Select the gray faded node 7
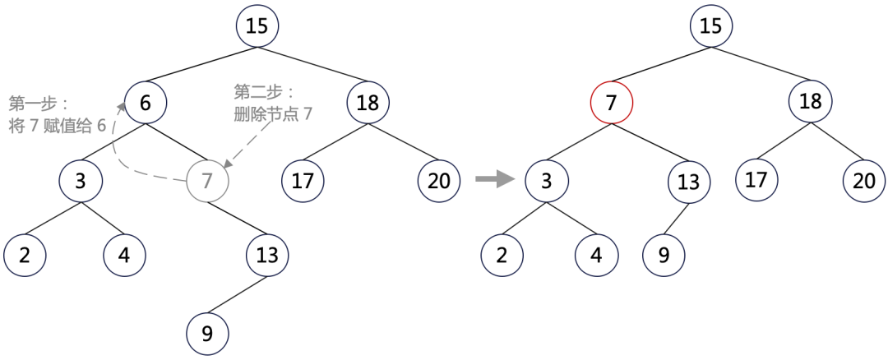tap(208, 180)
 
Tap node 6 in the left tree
tap(146, 103)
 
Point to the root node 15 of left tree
tap(257, 25)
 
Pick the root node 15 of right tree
tap(711, 25)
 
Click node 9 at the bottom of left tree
tap(207, 334)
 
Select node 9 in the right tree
tap(664, 255)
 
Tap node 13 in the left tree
tap(267, 255)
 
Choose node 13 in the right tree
tap(688, 182)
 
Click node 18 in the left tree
tap(368, 103)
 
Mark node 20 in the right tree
tap(864, 180)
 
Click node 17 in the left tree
tap(303, 180)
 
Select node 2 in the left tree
tap(25, 255)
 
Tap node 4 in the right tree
tap(596, 255)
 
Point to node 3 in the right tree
tap(547, 180)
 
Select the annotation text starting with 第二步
tap(273, 102)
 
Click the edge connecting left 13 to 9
tap(238, 294)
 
